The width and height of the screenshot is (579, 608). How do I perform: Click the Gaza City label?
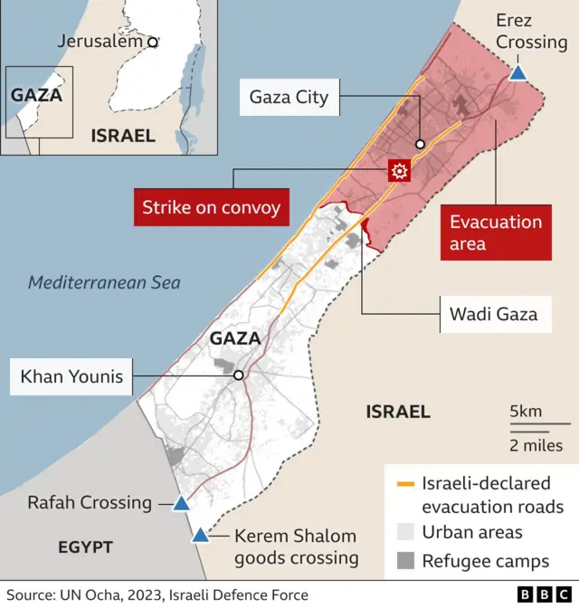click(x=289, y=97)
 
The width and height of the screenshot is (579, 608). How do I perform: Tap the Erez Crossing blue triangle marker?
click(x=517, y=72)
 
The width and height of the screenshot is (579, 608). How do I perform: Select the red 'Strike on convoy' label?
click(x=211, y=208)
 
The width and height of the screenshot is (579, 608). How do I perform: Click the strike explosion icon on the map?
click(x=399, y=170)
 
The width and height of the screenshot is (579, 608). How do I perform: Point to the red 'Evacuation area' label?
click(x=496, y=233)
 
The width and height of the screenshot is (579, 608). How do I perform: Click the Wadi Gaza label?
click(x=493, y=314)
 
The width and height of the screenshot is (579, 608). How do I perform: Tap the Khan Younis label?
click(x=71, y=375)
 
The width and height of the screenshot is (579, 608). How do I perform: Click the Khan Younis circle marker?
click(x=238, y=375)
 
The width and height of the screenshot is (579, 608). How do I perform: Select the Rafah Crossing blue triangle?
click(x=181, y=503)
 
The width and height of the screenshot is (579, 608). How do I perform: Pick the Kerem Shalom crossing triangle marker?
click(x=200, y=535)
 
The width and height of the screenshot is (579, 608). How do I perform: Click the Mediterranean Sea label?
click(x=104, y=282)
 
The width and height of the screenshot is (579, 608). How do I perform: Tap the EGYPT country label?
click(x=85, y=547)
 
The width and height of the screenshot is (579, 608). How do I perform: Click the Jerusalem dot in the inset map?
click(x=153, y=42)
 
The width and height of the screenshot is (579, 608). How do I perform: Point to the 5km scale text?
click(x=526, y=412)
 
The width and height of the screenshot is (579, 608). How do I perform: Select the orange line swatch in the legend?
click(x=403, y=483)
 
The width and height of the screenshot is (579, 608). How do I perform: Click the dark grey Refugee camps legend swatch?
click(x=403, y=561)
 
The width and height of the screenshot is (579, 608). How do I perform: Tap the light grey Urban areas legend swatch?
click(x=403, y=533)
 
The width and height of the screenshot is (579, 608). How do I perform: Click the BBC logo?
click(x=540, y=594)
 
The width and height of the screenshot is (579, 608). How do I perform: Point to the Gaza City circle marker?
click(x=420, y=145)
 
